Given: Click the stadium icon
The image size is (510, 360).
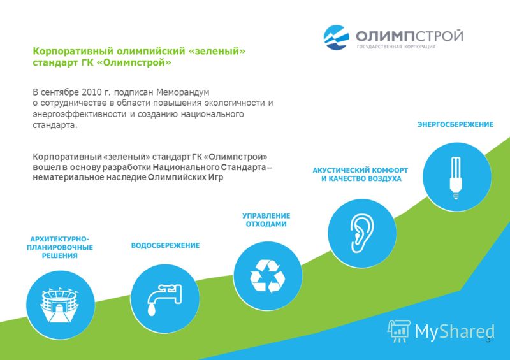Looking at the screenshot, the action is [59, 305].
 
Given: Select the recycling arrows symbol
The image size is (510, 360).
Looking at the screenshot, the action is [268, 276].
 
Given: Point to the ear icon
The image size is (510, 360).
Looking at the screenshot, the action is [361, 233].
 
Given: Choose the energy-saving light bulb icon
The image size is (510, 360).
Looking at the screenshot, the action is [456, 178].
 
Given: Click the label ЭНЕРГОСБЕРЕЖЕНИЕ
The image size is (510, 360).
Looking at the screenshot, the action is [455, 124].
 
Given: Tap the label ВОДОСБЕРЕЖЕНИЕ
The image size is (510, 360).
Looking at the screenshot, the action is [165, 245].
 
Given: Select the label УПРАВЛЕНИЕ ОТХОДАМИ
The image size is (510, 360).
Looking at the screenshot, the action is [266, 220].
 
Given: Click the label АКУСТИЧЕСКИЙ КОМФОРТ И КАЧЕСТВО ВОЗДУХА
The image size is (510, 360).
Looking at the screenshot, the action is [360, 175].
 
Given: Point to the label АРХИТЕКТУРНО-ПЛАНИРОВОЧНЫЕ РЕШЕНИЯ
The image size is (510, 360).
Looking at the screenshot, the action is [60, 247].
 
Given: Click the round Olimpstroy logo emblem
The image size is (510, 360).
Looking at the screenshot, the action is [336, 38].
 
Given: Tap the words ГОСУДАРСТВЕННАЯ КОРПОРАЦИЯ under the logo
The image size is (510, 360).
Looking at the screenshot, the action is [396, 47].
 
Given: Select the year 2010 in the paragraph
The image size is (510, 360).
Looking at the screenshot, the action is [92, 92].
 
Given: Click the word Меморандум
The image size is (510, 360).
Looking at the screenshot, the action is [183, 92].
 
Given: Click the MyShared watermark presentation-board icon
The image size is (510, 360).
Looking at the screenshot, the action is [399, 331].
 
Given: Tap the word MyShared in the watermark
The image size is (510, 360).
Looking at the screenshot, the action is [455, 332].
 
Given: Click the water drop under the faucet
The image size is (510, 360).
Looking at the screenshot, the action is [152, 309].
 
